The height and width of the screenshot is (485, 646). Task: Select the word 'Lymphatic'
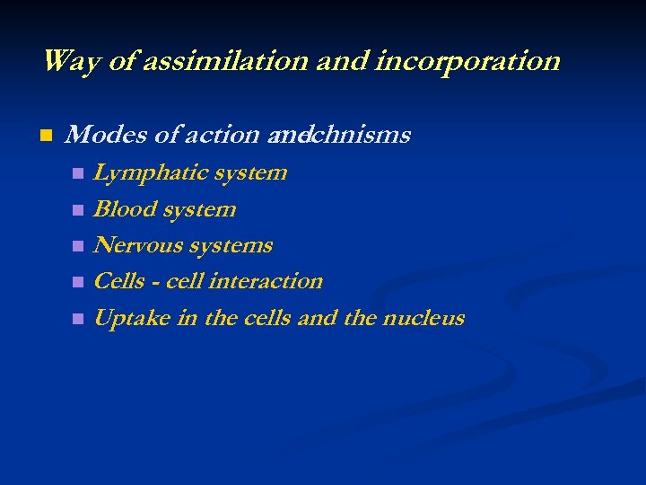click(x=148, y=172)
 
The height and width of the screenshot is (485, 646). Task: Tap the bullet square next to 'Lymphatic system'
click(x=78, y=173)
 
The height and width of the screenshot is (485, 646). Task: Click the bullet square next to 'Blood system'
click(x=78, y=210)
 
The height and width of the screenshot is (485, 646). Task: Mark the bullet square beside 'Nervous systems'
click(x=78, y=246)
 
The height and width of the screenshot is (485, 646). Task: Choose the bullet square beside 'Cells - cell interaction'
click(x=78, y=282)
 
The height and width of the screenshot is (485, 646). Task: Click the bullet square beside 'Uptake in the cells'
click(x=78, y=319)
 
